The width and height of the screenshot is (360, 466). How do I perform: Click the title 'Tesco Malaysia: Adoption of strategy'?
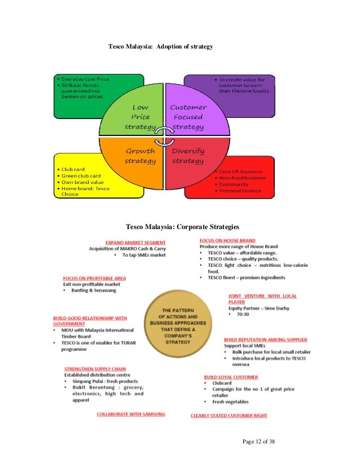coord(160,46)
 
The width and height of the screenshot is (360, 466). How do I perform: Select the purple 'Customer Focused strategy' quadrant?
coord(188,117)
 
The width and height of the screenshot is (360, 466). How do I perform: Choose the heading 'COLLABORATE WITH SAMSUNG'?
coord(131,414)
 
